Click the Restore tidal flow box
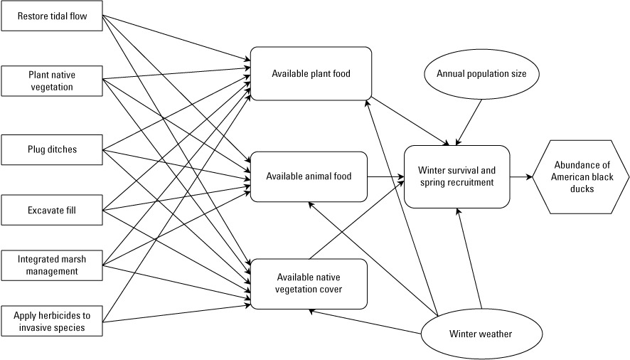point(53,16)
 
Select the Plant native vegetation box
point(53,80)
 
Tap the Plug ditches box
point(53,149)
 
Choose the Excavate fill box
point(53,210)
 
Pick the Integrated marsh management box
point(53,265)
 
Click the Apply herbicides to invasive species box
point(53,321)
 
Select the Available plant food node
point(311,73)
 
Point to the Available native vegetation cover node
point(309,283)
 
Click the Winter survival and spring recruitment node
point(457,176)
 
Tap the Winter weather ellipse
point(480,334)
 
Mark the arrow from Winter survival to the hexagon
point(521,176)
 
